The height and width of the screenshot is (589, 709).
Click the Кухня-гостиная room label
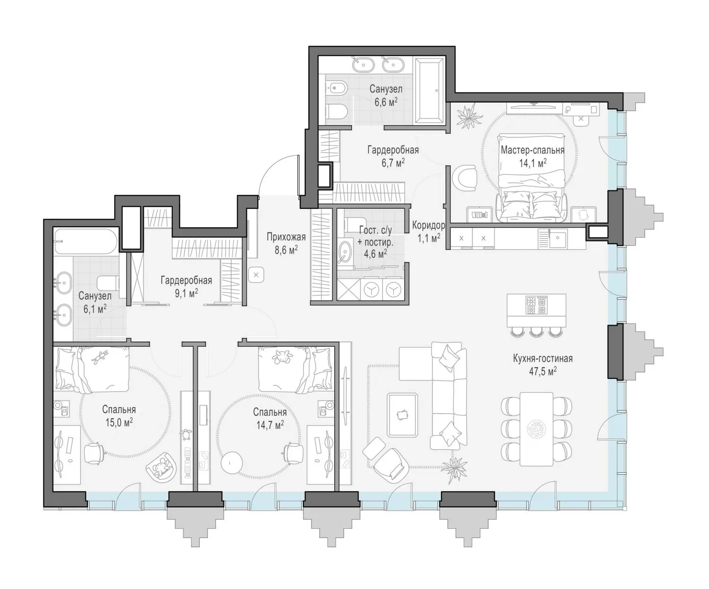[543, 359]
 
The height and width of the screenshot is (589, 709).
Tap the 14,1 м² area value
[532, 163]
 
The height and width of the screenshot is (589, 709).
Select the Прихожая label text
[286, 237]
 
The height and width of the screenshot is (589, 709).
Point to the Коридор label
[429, 225]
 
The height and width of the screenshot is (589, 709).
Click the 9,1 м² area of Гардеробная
[186, 293]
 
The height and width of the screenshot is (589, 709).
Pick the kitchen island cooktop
[536, 305]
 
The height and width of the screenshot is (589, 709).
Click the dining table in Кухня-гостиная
[536, 429]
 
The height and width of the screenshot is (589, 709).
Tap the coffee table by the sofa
[403, 415]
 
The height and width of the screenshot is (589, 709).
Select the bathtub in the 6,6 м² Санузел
[429, 91]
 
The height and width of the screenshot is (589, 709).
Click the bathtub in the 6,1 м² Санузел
[86, 241]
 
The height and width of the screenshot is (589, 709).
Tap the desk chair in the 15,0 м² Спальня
[93, 452]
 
